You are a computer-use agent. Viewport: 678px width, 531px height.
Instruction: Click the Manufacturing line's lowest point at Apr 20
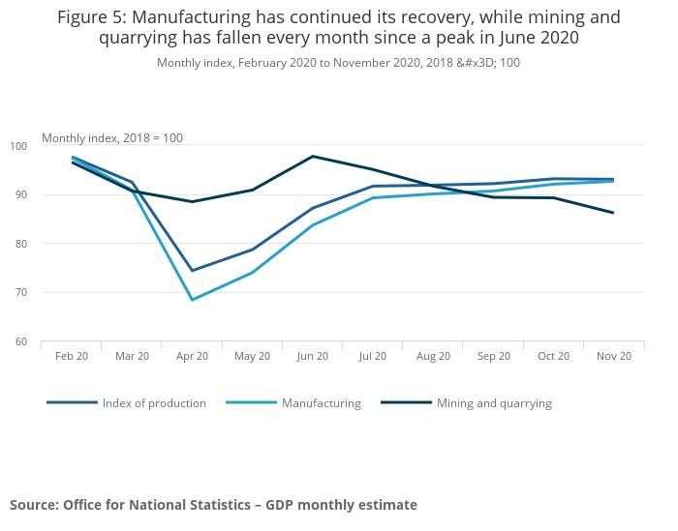(192, 300)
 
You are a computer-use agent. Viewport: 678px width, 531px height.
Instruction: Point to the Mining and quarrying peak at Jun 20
(313, 156)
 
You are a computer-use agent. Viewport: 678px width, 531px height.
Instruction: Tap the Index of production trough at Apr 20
(192, 271)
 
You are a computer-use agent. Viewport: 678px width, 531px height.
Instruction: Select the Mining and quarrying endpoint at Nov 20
(613, 213)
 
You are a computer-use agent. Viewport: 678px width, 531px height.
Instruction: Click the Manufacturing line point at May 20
(252, 273)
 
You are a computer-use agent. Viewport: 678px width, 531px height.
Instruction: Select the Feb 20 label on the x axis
(72, 357)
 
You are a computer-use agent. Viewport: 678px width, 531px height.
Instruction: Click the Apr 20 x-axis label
(192, 357)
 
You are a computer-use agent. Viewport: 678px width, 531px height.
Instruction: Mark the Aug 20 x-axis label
(433, 357)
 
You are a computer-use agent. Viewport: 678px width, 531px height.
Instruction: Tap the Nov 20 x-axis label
(614, 357)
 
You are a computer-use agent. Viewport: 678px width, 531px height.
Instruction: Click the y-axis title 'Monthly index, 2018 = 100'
(111, 138)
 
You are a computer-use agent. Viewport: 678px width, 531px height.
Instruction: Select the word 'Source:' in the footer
(34, 505)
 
